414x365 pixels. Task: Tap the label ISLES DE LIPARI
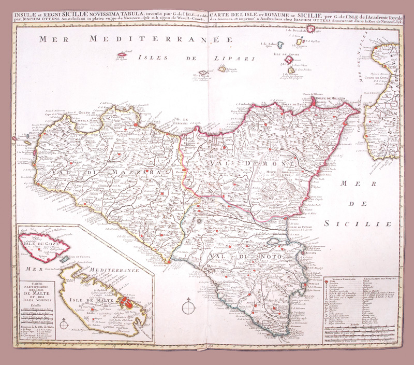coord(175,57)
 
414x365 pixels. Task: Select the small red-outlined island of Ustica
coord(123,53)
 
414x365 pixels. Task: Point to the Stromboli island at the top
coord(311,29)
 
